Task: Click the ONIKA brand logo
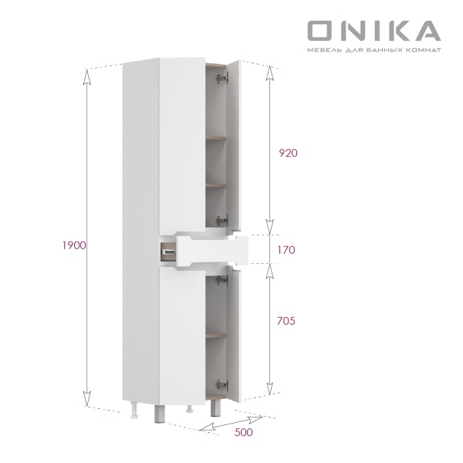tap(373, 31)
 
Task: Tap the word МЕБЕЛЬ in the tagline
tap(323, 50)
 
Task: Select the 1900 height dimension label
tap(73, 245)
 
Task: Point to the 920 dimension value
tap(287, 153)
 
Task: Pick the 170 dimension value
tap(287, 250)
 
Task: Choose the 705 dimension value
tap(287, 320)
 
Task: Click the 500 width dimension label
tap(243, 433)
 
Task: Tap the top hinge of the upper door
tap(222, 78)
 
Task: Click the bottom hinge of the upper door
tap(222, 219)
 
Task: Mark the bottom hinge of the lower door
tap(222, 383)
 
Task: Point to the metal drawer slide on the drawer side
tap(166, 248)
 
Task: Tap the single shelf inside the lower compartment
tap(218, 335)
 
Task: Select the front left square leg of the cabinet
tap(159, 414)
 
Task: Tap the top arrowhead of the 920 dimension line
tap(269, 68)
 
